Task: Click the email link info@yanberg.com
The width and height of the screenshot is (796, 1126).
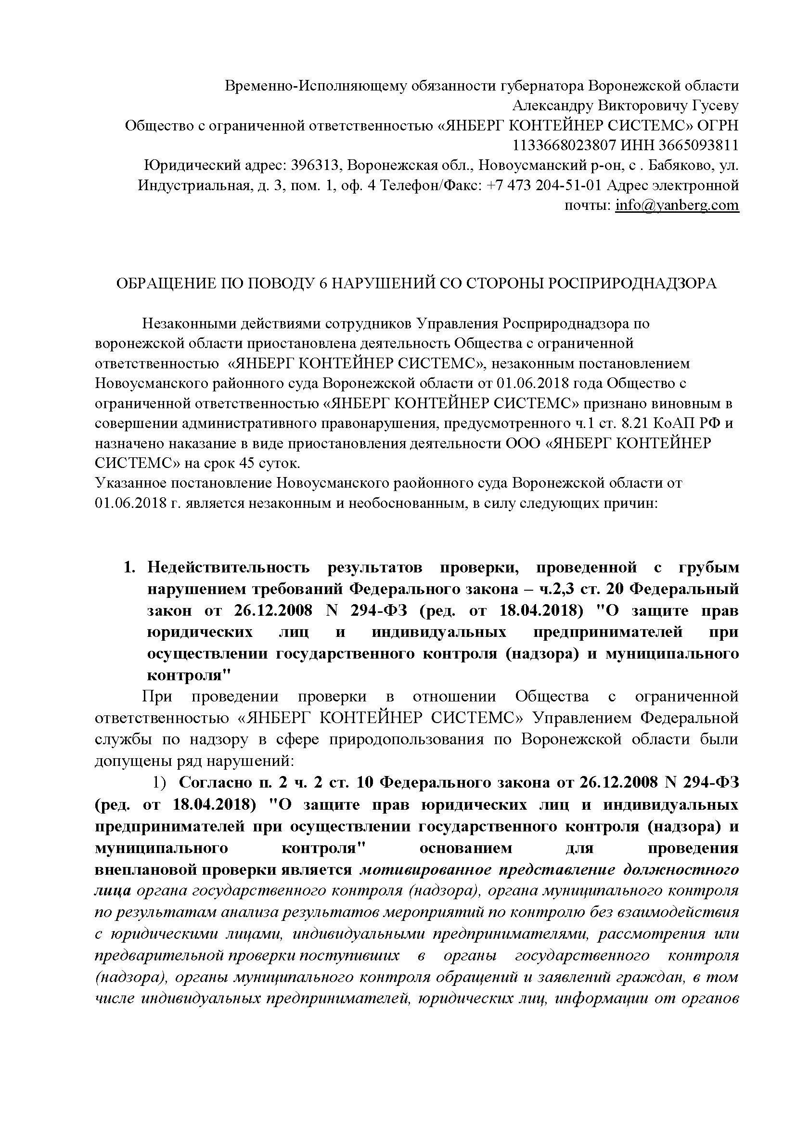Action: click(x=677, y=205)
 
